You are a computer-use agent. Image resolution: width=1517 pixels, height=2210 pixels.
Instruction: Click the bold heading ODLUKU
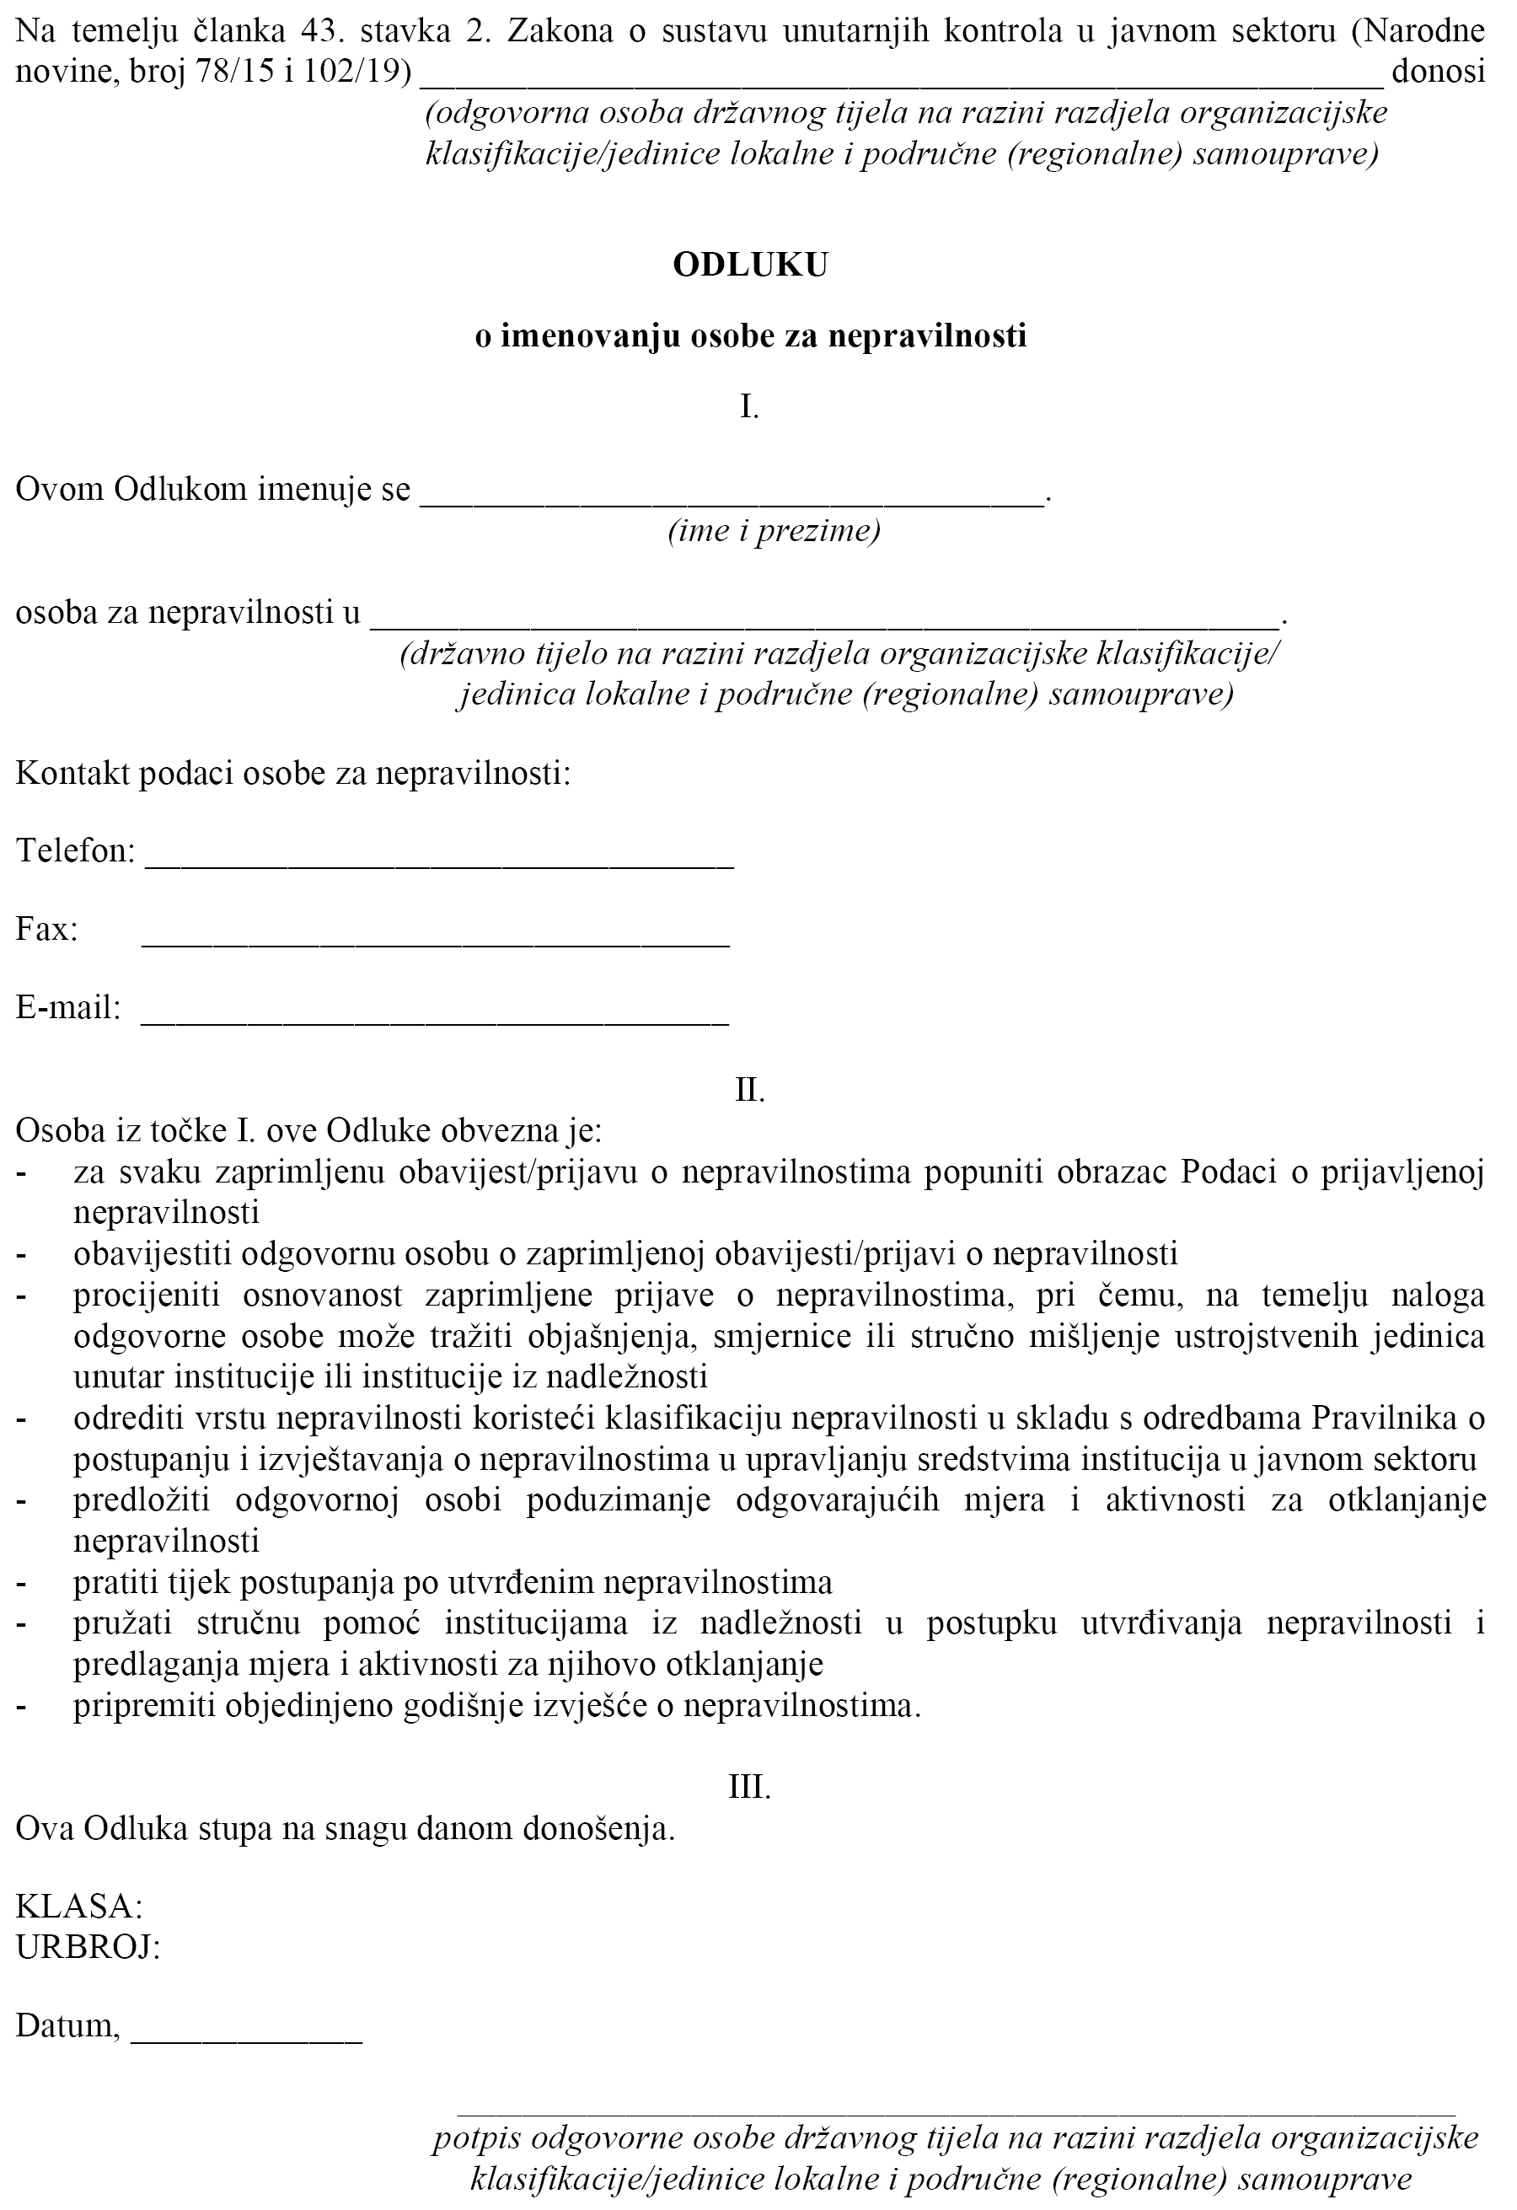coord(750,266)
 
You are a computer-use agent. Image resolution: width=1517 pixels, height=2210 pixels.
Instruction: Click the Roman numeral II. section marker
coord(750,1091)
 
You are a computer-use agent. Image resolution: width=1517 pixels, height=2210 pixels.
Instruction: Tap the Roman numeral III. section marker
coord(749,1788)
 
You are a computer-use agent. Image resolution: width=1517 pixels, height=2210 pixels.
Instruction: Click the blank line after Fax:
coord(437,943)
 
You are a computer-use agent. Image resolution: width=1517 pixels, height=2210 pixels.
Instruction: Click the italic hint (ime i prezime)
coord(773,529)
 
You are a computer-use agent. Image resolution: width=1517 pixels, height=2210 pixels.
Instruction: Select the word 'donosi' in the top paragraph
coord(1437,72)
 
